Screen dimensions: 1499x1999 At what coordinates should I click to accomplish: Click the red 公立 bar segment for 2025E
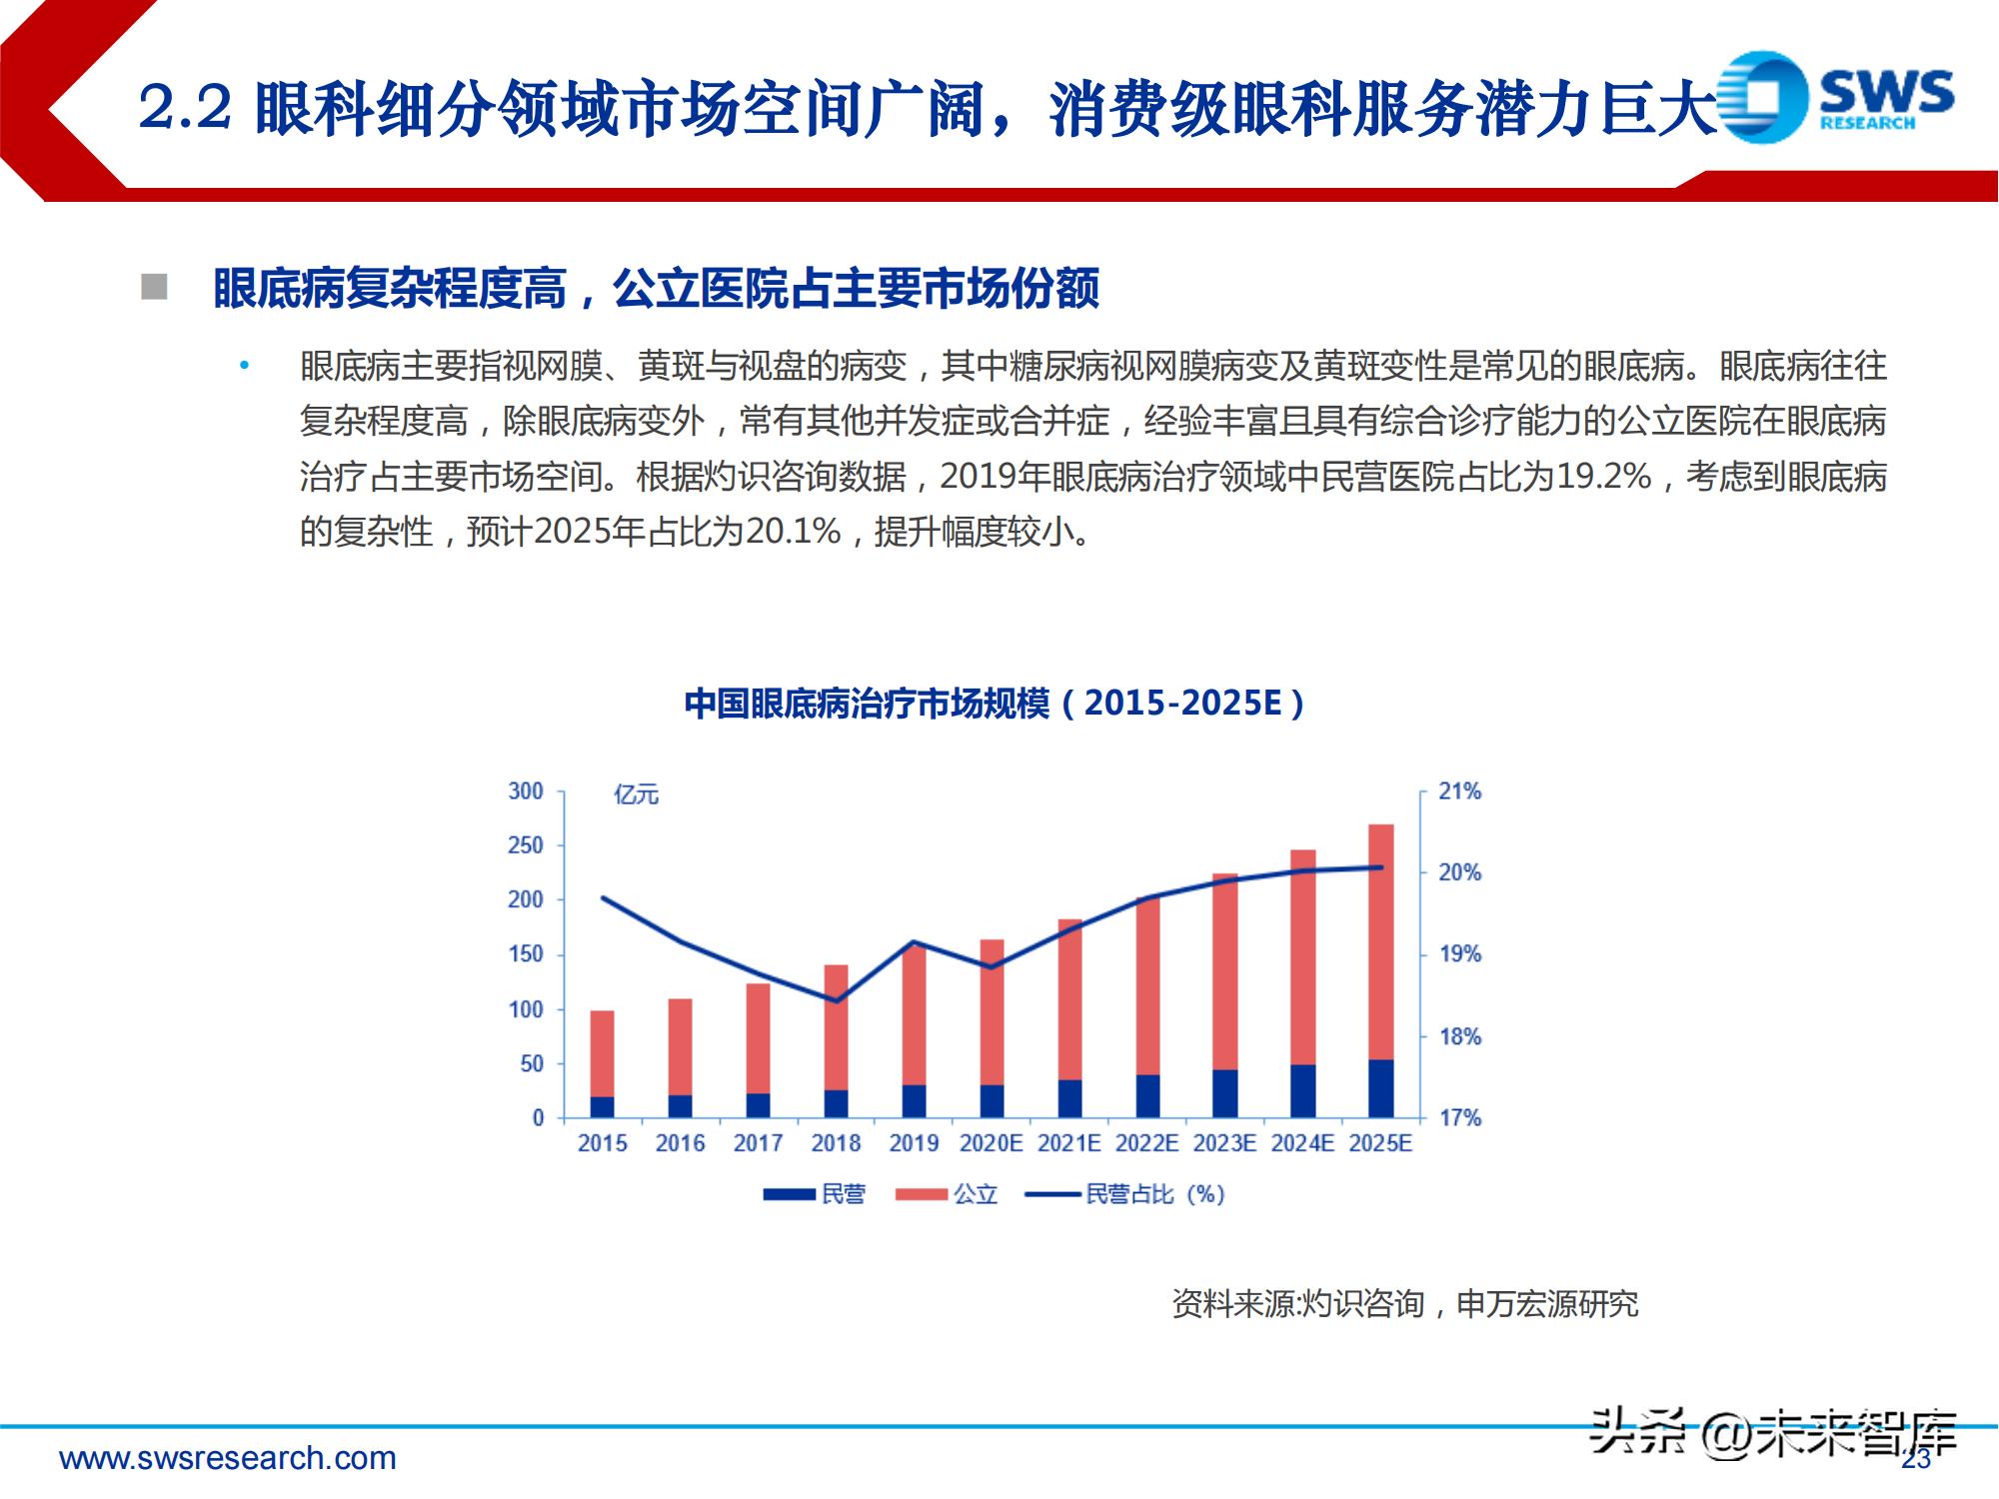pos(1380,939)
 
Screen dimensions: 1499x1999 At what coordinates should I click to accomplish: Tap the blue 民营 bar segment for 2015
pos(602,1106)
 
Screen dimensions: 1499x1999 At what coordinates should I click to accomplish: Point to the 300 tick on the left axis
pos(525,791)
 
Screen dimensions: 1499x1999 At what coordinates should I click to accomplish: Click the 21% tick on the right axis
pos(1459,791)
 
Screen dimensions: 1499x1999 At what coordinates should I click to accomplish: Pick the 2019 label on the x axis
pos(914,1143)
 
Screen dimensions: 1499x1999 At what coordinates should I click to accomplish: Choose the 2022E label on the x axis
pos(1146,1143)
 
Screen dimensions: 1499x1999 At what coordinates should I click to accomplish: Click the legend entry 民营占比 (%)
pos(1153,1194)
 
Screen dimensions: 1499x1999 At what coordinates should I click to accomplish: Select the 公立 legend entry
pos(975,1194)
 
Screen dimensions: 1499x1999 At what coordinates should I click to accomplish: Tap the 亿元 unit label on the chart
pos(637,795)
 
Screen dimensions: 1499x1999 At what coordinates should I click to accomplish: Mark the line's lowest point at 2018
pos(836,1000)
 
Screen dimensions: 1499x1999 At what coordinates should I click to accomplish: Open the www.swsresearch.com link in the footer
pos(228,1458)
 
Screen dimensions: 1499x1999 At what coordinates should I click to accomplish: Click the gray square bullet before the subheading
pos(154,288)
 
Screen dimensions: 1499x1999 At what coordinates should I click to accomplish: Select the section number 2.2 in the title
pos(185,108)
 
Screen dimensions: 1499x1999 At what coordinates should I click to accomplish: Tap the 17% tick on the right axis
pos(1459,1118)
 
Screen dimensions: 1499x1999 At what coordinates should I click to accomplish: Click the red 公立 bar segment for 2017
pos(758,1037)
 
